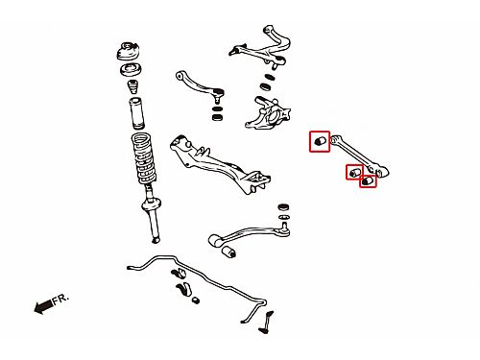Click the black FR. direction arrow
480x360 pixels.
43,307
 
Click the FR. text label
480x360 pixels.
60,300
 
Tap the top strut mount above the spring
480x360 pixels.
129,52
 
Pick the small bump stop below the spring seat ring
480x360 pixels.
132,87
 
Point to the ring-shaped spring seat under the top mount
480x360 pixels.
131,70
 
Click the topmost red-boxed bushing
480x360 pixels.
320,141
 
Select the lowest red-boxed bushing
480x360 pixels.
368,181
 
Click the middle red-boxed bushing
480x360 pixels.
354,172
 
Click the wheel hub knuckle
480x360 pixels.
268,113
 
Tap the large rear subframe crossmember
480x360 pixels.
220,163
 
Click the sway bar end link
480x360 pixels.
267,322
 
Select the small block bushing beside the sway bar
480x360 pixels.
196,300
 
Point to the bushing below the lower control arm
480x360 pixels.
228,252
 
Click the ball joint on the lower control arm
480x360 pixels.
285,229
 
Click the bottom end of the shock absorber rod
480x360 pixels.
156,240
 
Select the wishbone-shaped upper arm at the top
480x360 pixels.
261,47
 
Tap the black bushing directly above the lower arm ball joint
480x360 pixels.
283,206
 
